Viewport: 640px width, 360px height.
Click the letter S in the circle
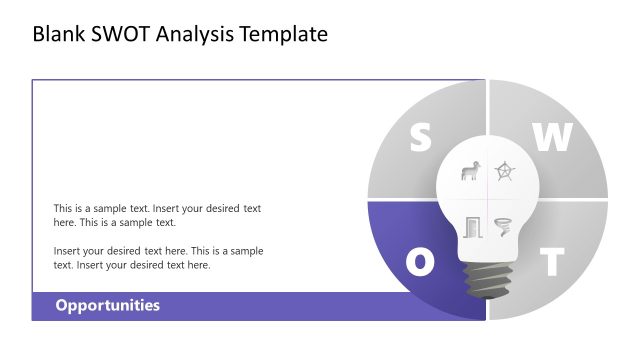pyautogui.click(x=421, y=139)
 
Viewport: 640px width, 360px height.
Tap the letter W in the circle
pyautogui.click(x=551, y=139)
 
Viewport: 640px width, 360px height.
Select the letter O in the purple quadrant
pyautogui.click(x=421, y=262)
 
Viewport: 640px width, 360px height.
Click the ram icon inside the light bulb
pyautogui.click(x=469, y=171)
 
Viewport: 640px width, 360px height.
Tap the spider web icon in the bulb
pyautogui.click(x=506, y=171)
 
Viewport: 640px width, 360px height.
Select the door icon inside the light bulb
pyautogui.click(x=472, y=227)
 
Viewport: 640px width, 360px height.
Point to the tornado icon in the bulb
pyautogui.click(x=504, y=227)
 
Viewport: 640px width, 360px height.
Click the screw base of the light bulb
pyautogui.click(x=486, y=281)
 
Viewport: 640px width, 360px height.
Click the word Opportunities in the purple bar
pyautogui.click(x=107, y=306)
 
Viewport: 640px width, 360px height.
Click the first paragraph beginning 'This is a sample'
pyautogui.click(x=157, y=215)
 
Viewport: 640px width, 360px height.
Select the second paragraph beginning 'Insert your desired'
pyautogui.click(x=157, y=258)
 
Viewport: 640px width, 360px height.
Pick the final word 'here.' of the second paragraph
pyautogui.click(x=198, y=265)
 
